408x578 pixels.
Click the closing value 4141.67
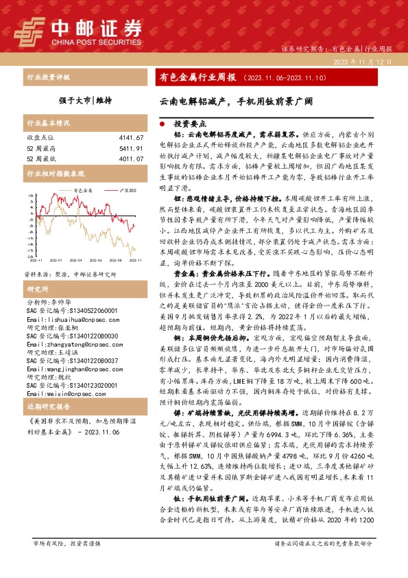coord(131,138)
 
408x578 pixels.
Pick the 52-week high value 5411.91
coord(131,148)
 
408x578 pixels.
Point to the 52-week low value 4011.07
coord(131,159)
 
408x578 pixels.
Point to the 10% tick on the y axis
coord(31,196)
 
